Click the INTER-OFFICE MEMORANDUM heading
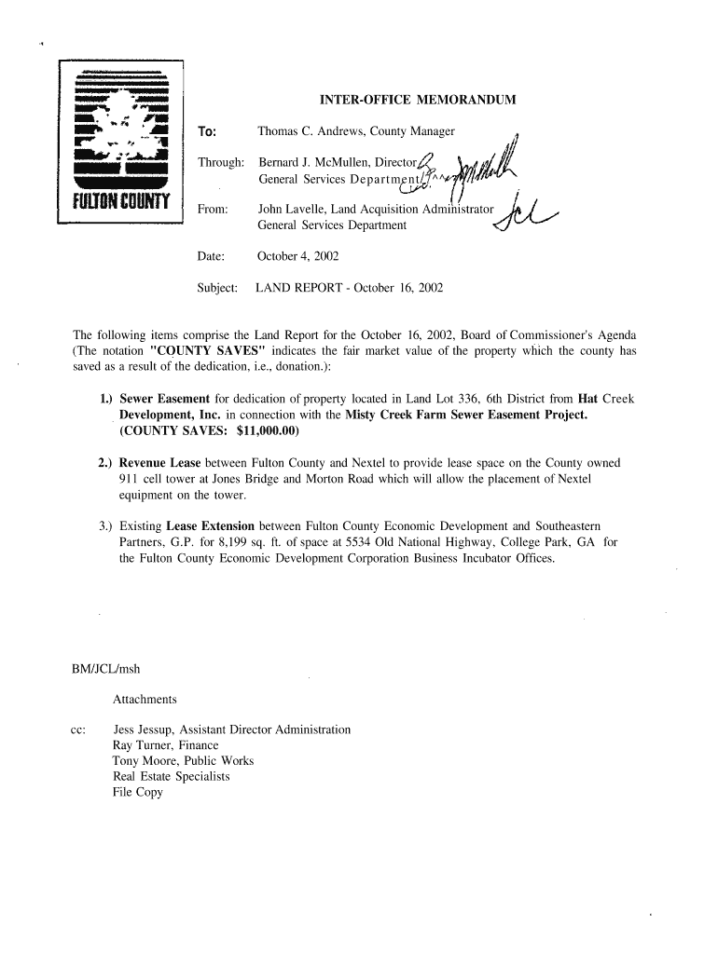(418, 100)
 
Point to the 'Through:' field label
(220, 163)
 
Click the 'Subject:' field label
(218, 288)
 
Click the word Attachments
(145, 699)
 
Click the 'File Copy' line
(138, 792)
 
